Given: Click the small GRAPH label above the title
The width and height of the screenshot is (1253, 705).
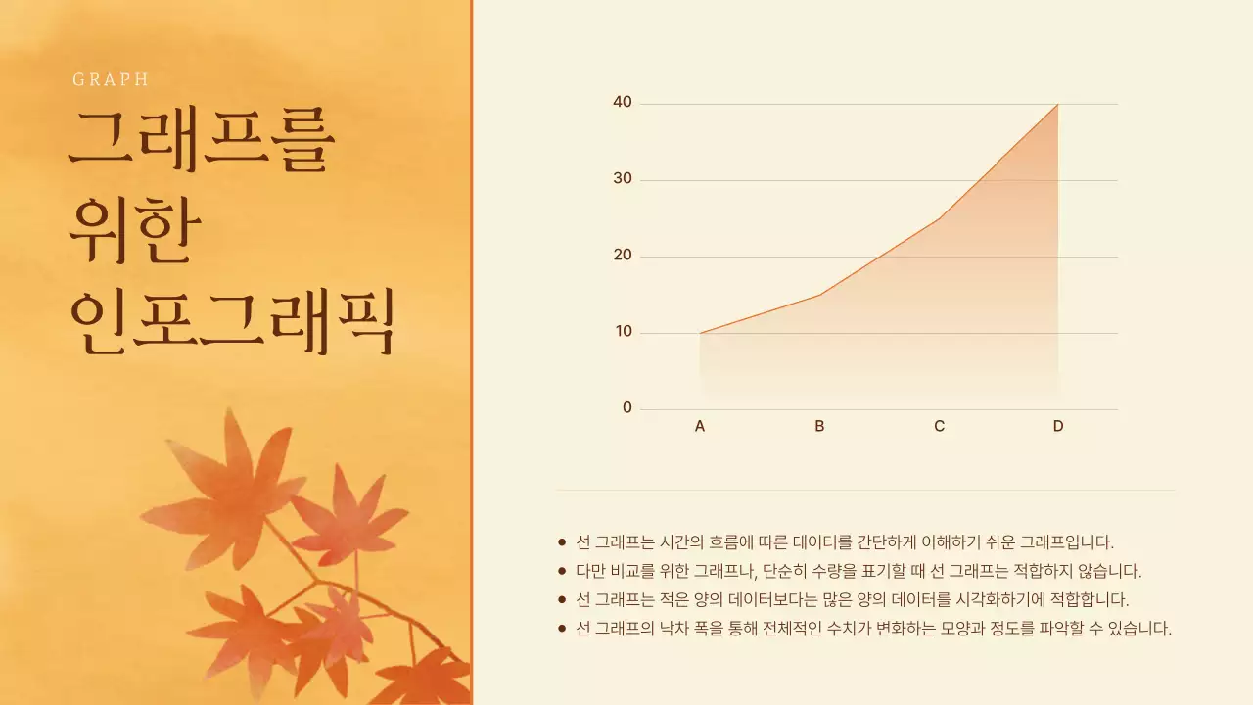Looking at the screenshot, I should (111, 80).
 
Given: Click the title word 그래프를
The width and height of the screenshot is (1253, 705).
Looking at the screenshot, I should (202, 142).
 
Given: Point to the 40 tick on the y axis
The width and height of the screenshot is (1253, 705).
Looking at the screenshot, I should (623, 102).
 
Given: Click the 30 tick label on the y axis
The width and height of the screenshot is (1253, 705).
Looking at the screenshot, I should (623, 179).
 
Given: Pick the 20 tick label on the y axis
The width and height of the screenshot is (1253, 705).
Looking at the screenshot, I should (623, 256).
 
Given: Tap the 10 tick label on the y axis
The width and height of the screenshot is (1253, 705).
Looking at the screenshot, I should (623, 332).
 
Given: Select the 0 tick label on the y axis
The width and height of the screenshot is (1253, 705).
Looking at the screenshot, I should (627, 408).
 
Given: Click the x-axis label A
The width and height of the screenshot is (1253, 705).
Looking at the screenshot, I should (700, 426).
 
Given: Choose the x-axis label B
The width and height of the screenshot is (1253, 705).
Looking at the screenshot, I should (819, 426).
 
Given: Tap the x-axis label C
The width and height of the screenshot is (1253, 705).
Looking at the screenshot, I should (939, 426).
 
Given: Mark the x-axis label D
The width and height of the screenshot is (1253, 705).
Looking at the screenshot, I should (1058, 426).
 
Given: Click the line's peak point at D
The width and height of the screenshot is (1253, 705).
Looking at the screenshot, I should (1058, 104).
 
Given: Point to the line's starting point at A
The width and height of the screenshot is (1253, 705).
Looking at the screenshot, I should (700, 333).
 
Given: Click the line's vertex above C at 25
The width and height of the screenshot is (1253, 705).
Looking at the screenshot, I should (939, 218).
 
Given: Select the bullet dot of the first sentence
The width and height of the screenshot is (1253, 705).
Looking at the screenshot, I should (562, 541).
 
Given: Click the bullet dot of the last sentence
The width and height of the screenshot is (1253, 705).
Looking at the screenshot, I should (562, 628).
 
